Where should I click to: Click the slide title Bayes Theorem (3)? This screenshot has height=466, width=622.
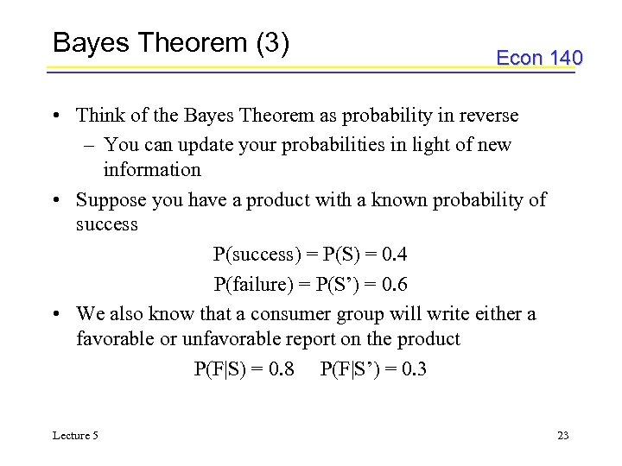pyautogui.click(x=170, y=43)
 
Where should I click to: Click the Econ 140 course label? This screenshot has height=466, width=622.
pyautogui.click(x=539, y=58)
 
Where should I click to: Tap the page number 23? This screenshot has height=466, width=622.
pyautogui.click(x=562, y=435)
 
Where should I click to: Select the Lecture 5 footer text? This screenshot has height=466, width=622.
pyautogui.click(x=75, y=435)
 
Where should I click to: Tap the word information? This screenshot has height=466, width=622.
pyautogui.click(x=152, y=169)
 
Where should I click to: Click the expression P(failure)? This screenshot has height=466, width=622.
pyautogui.click(x=254, y=284)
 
